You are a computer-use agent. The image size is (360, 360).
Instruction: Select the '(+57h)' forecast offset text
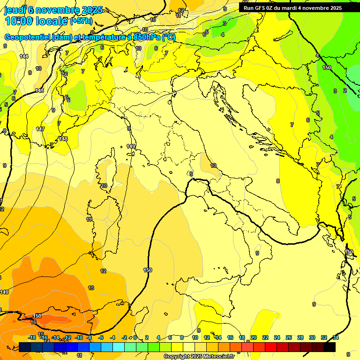[81, 22]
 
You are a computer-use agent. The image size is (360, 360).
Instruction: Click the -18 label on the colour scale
[32, 337]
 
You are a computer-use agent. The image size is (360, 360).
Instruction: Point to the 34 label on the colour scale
[336, 337]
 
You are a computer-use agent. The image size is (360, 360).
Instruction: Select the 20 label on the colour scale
[254, 337]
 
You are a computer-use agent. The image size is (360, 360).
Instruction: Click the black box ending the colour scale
[330, 347]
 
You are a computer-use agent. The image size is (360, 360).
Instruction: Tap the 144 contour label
[24, 56]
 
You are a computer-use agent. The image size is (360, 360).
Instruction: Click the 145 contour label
[39, 90]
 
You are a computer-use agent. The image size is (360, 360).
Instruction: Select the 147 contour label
[40, 129]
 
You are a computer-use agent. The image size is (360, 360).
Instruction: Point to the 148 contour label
[63, 139]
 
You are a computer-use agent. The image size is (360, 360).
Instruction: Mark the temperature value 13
[91, 288]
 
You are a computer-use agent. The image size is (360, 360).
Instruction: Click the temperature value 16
[33, 322]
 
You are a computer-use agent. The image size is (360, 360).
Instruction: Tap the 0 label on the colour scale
[135, 337]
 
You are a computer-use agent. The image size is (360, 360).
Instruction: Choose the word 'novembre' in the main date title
[52, 10]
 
